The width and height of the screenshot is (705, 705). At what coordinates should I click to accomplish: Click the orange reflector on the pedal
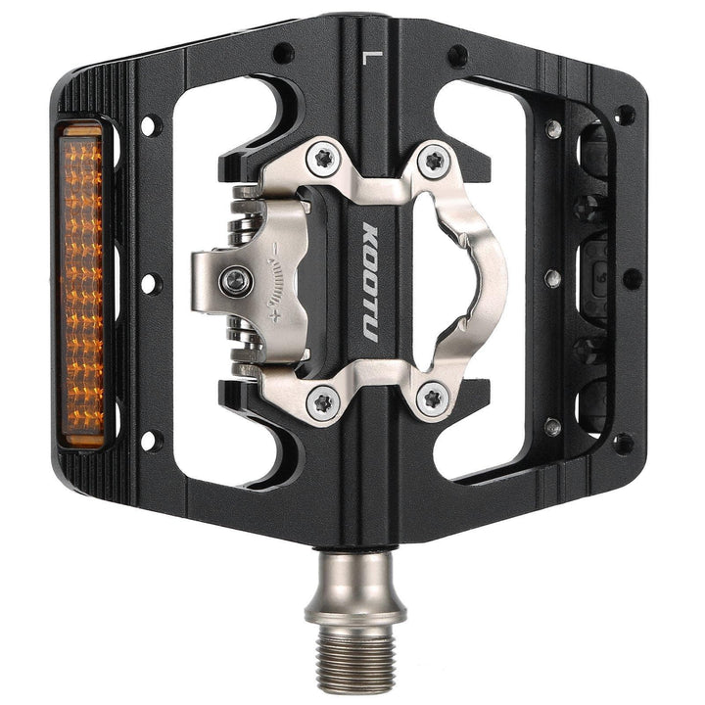point(82,285)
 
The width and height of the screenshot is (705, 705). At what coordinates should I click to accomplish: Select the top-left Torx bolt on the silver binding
point(322,160)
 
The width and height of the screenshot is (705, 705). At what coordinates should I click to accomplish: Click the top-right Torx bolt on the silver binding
point(433,160)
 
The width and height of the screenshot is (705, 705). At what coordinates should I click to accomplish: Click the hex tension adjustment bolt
point(235,283)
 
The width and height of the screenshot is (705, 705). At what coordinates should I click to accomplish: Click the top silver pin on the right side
point(553,128)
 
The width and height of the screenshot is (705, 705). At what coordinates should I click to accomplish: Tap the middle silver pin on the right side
point(553,278)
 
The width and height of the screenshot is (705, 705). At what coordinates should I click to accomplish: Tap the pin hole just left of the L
point(283,53)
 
